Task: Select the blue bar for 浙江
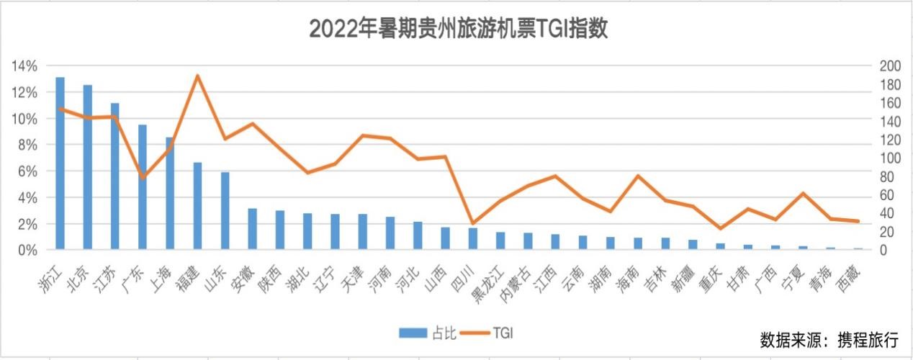coord(60,163)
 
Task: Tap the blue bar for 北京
coord(88,167)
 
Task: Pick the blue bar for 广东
coord(143,187)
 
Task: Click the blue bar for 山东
coord(225,211)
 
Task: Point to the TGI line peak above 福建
coord(197,76)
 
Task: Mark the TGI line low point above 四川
coord(472,224)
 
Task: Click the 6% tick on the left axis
coord(26,171)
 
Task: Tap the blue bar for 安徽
coord(253,229)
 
